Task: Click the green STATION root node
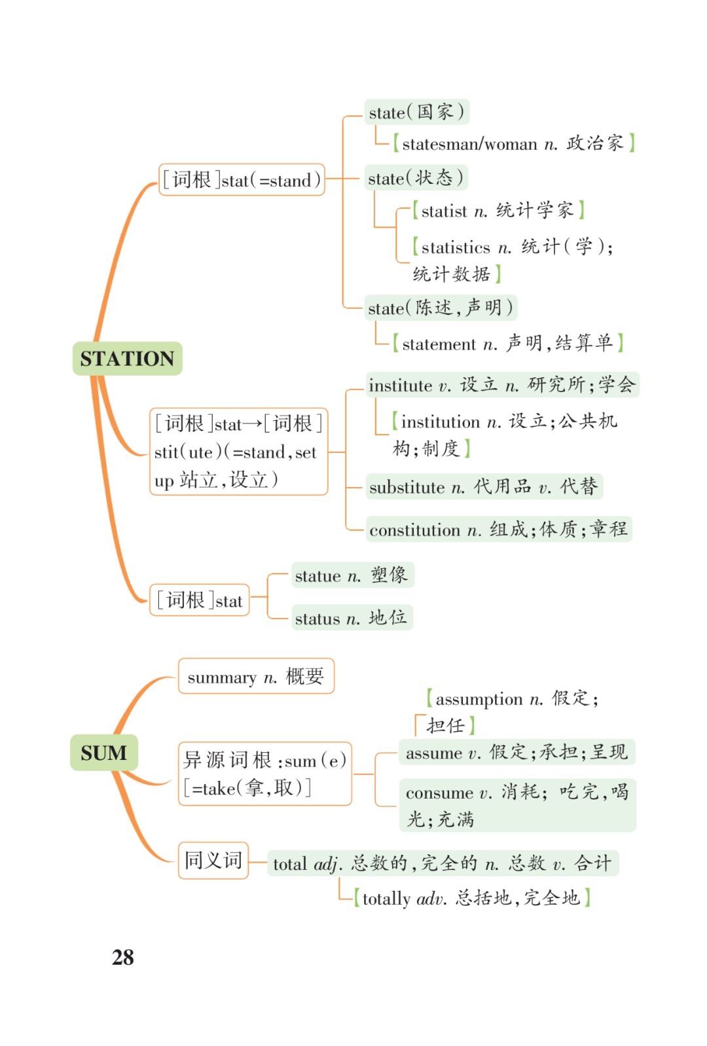[127, 359]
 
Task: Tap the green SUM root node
[103, 753]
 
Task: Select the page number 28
[123, 957]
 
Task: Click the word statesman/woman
[469, 144]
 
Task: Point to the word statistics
[456, 247]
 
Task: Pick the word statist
[444, 211]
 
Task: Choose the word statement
[439, 344]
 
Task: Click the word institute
[400, 386]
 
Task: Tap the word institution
[441, 422]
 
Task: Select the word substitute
[407, 488]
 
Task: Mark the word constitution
[414, 530]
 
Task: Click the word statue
[317, 577]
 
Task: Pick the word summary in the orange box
[222, 677]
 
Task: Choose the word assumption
[479, 700]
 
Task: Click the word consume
[438, 793]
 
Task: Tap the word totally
[386, 899]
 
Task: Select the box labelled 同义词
[213, 860]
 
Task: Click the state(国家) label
[416, 113]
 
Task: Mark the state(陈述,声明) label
[440, 308]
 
